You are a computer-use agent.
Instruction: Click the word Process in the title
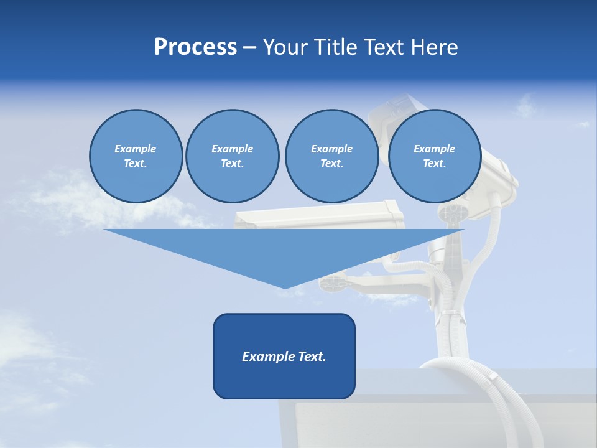coord(195,47)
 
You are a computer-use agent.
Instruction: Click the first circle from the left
coord(136,156)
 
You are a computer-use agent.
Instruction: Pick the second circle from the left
coord(232,156)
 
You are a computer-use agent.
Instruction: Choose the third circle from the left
coord(331,156)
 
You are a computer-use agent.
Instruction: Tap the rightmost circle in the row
coord(434,156)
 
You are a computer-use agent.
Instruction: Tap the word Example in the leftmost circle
coord(136,149)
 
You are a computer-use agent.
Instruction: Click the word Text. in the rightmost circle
coord(434,164)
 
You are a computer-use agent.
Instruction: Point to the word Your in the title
coord(282,47)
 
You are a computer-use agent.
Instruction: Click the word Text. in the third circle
coord(331,164)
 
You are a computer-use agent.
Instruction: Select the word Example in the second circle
coord(232,149)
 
